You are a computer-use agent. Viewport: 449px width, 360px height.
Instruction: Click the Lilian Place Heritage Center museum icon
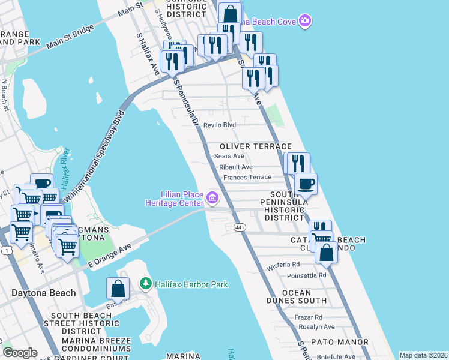pyautogui.click(x=212, y=197)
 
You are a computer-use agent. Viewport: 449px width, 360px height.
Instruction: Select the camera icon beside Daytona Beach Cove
pyautogui.click(x=306, y=22)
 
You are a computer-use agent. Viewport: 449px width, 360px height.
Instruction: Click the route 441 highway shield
pyautogui.click(x=239, y=227)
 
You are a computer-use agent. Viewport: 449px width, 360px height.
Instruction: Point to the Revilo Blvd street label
pyautogui.click(x=220, y=125)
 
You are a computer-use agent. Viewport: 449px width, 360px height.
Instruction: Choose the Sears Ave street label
pyautogui.click(x=229, y=156)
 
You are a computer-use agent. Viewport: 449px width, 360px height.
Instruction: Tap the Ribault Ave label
pyautogui.click(x=236, y=167)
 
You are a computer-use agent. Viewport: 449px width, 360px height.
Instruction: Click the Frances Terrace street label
pyautogui.click(x=247, y=178)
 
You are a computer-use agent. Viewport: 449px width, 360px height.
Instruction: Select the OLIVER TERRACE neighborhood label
pyautogui.click(x=255, y=146)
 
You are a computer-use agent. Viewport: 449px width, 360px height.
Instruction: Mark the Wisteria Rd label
pyautogui.click(x=283, y=264)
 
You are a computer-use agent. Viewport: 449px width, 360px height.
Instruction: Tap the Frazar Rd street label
pyautogui.click(x=309, y=317)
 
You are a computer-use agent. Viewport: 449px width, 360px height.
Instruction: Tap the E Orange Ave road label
pyautogui.click(x=109, y=255)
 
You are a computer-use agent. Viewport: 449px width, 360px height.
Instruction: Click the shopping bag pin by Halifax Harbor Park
pyautogui.click(x=118, y=289)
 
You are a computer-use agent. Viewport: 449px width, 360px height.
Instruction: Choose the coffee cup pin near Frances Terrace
pyautogui.click(x=305, y=184)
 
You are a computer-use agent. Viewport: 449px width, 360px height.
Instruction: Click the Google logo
pyautogui.click(x=20, y=353)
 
